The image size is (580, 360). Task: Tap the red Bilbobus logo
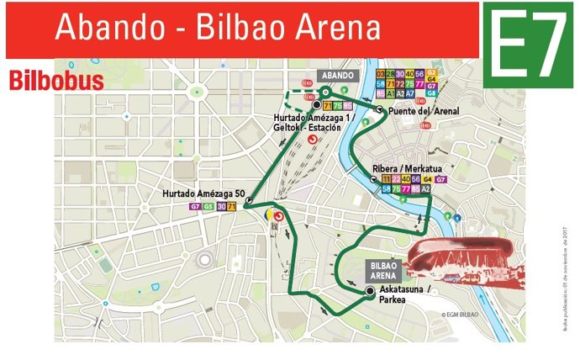(56, 81)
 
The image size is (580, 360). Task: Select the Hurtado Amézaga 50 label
(202, 195)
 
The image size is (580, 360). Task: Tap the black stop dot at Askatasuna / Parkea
(370, 291)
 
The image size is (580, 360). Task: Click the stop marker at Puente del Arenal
(380, 110)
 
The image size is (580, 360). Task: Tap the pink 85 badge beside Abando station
(347, 105)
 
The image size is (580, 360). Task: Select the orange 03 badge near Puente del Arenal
(381, 74)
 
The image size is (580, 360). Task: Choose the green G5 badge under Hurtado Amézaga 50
(208, 206)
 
